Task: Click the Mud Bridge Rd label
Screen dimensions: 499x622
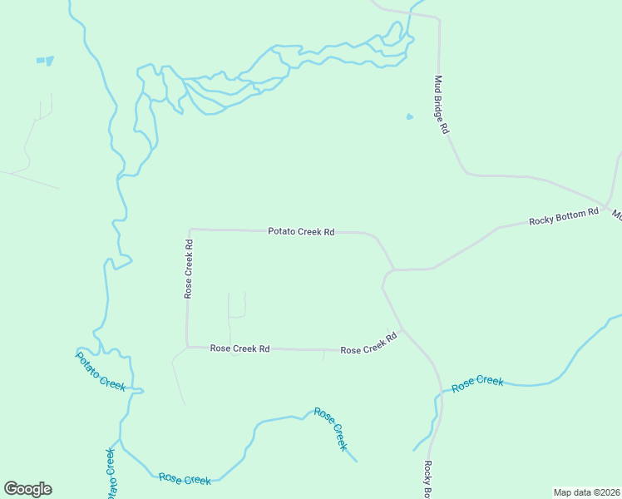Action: click(x=442, y=105)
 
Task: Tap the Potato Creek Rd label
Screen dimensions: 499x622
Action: click(x=301, y=232)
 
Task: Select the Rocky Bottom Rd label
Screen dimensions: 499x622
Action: click(x=564, y=217)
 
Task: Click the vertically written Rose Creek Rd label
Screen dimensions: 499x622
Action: click(x=189, y=269)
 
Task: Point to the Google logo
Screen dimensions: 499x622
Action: click(x=27, y=489)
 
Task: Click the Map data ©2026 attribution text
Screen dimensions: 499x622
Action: click(x=586, y=492)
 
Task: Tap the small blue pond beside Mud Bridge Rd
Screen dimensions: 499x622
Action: click(x=409, y=116)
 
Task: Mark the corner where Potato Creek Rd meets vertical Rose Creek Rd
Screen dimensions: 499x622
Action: click(x=190, y=229)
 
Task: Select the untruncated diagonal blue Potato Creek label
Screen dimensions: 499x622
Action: click(x=100, y=371)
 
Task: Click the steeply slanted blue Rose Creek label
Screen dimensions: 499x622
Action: click(x=331, y=428)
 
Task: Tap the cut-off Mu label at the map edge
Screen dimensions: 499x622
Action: click(x=617, y=215)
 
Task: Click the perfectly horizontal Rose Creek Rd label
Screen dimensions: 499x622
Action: click(x=239, y=348)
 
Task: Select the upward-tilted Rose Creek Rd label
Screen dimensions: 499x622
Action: click(x=368, y=345)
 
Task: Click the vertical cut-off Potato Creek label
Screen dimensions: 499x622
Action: click(x=110, y=474)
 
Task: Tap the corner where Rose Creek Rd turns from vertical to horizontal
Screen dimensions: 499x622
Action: click(x=187, y=347)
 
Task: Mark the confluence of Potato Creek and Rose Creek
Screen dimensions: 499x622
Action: click(x=121, y=441)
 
